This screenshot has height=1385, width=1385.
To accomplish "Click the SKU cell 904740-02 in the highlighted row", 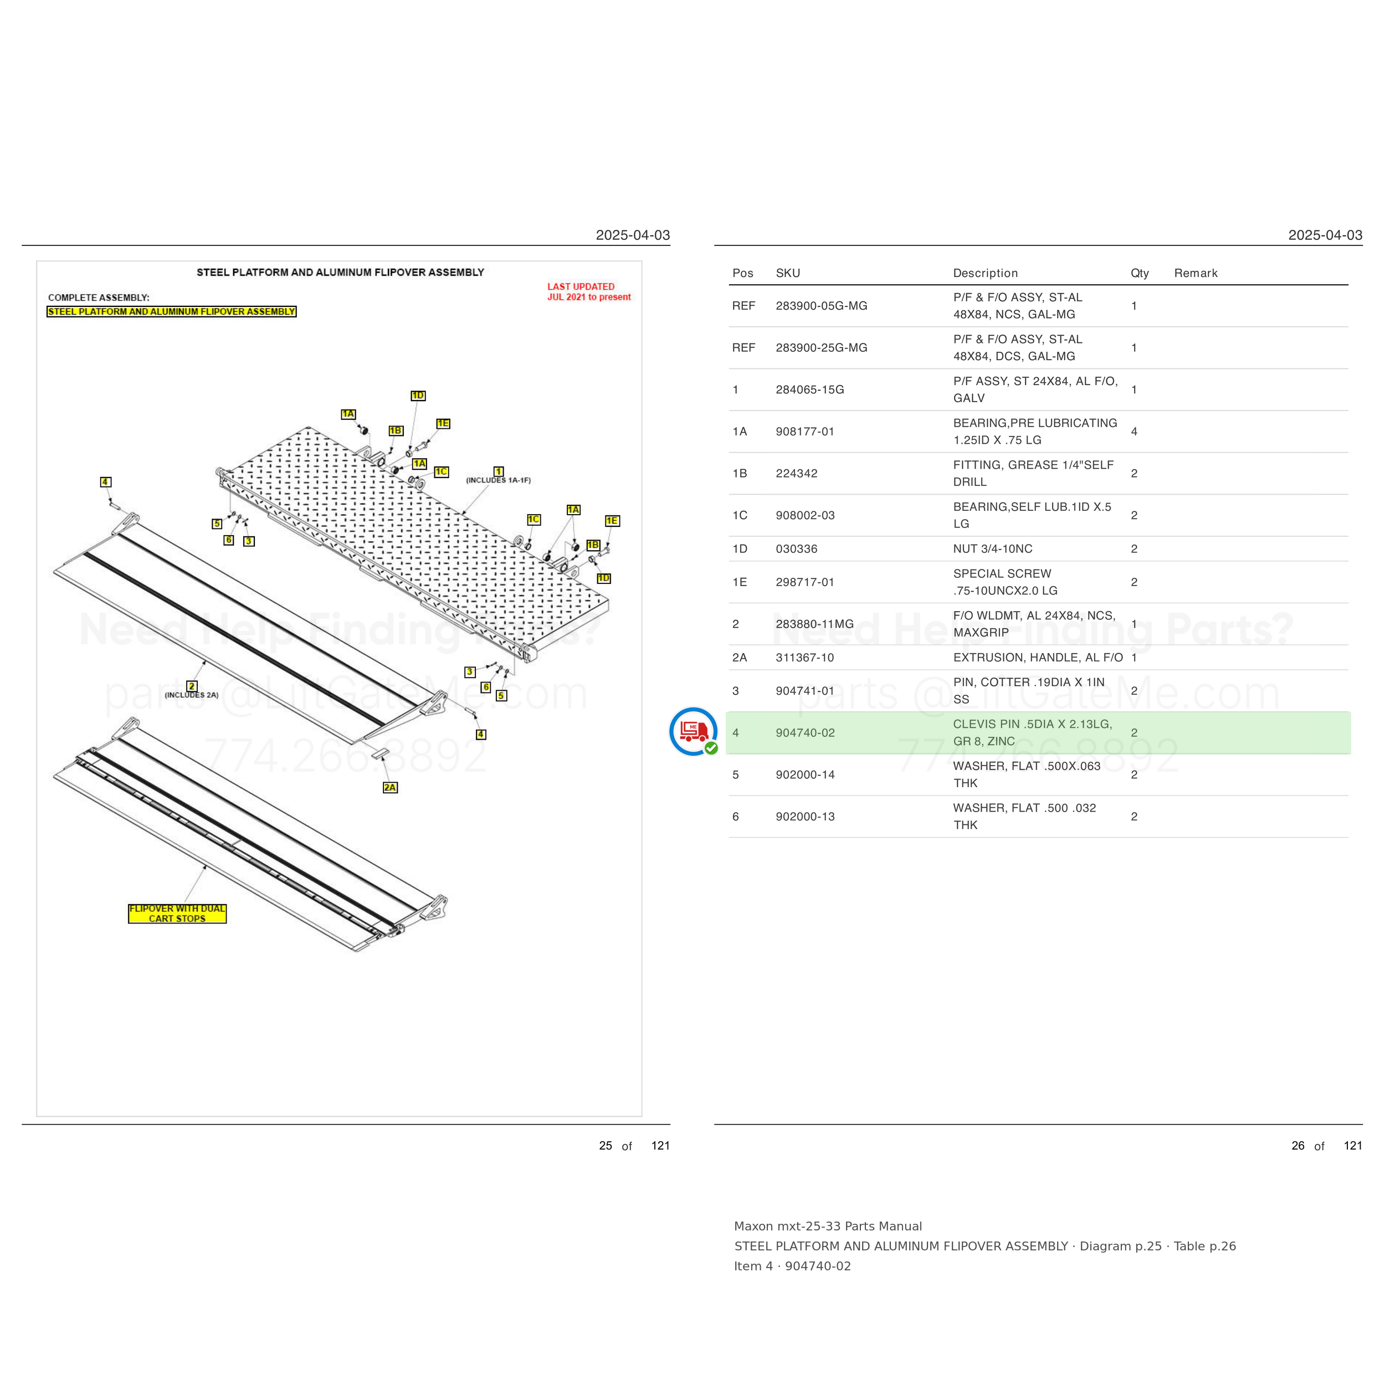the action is click(805, 732).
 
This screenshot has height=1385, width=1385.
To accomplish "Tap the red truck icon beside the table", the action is click(693, 731).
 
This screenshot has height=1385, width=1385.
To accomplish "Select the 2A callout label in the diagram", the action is click(390, 787).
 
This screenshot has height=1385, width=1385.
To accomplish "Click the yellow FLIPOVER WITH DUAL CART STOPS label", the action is click(177, 914).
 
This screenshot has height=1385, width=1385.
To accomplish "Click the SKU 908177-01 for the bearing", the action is click(805, 432).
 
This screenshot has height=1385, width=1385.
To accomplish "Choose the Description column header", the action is click(985, 273).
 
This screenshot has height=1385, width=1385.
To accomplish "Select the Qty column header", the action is click(1139, 273).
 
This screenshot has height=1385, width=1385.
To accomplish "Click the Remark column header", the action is click(1196, 273).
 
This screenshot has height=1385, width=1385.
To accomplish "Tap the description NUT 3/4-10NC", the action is click(993, 548).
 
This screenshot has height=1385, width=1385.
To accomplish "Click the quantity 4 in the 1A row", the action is click(1134, 432).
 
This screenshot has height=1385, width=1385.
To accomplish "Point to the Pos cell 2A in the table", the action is click(740, 658).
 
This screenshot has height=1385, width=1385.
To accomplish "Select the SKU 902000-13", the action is click(805, 817).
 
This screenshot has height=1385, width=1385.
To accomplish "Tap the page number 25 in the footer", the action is click(606, 1146).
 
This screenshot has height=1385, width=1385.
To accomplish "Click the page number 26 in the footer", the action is click(1298, 1146).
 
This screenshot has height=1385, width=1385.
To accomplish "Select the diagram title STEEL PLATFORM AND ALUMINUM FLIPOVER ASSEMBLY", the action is click(341, 273).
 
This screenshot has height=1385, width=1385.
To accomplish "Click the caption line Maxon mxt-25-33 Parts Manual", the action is click(828, 1227).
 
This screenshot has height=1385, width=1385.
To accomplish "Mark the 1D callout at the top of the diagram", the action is click(418, 396).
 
